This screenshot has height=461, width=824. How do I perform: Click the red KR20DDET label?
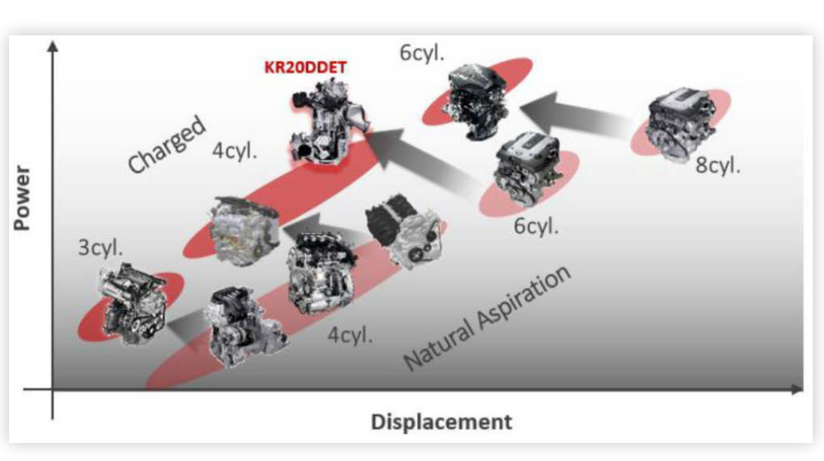(x=305, y=68)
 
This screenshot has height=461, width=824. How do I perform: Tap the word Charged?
(x=166, y=144)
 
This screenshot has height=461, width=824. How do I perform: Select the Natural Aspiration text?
(x=487, y=317)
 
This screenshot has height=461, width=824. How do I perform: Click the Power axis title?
(x=22, y=198)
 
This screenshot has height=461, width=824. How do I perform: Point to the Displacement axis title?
(x=442, y=422)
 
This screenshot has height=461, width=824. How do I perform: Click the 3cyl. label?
(x=101, y=247)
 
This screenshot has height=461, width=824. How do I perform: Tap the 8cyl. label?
(x=718, y=165)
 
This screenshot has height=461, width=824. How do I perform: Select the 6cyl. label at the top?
(x=422, y=53)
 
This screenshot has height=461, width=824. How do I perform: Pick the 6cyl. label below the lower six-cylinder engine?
(x=536, y=226)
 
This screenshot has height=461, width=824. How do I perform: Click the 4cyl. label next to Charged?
(x=235, y=150)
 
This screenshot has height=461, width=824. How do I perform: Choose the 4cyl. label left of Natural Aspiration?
(x=350, y=335)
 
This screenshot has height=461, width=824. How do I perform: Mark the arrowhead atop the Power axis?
(x=53, y=47)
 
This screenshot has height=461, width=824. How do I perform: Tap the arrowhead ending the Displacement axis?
(x=798, y=389)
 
